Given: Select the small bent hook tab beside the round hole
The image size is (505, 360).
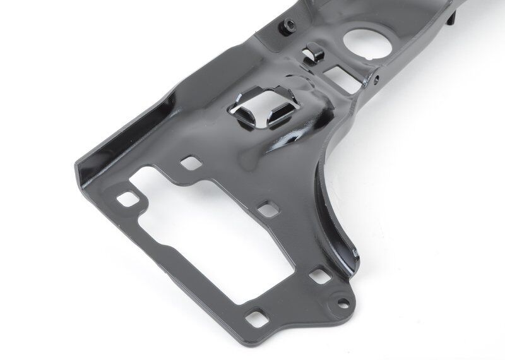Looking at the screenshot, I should (x=311, y=52).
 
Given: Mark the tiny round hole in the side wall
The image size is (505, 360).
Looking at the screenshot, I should (x=376, y=79).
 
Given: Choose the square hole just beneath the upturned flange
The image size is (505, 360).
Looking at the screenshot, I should (x=189, y=163).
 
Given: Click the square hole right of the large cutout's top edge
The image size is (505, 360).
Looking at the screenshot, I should (x=268, y=209).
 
